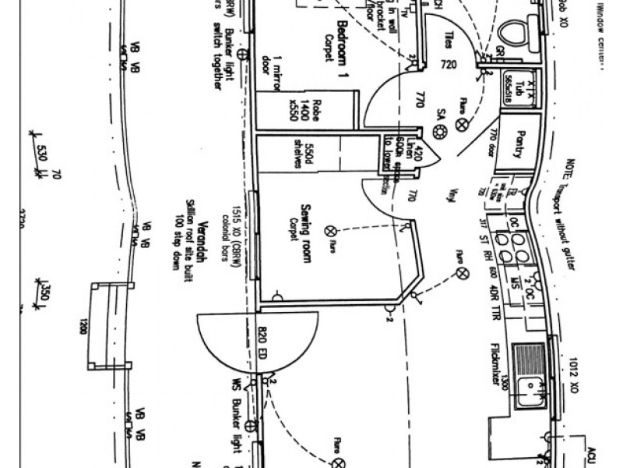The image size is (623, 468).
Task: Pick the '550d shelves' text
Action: (303, 156)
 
